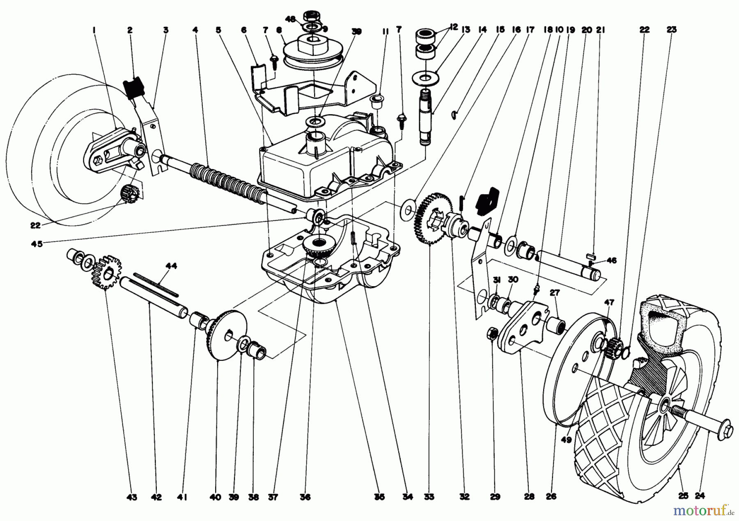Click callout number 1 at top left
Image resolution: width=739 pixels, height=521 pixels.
(x=94, y=30)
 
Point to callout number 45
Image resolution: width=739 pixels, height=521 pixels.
(x=37, y=244)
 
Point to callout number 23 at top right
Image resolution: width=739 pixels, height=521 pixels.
(x=672, y=30)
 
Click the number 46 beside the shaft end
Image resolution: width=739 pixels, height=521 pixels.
(x=611, y=260)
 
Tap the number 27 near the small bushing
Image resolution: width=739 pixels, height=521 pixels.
(x=555, y=293)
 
